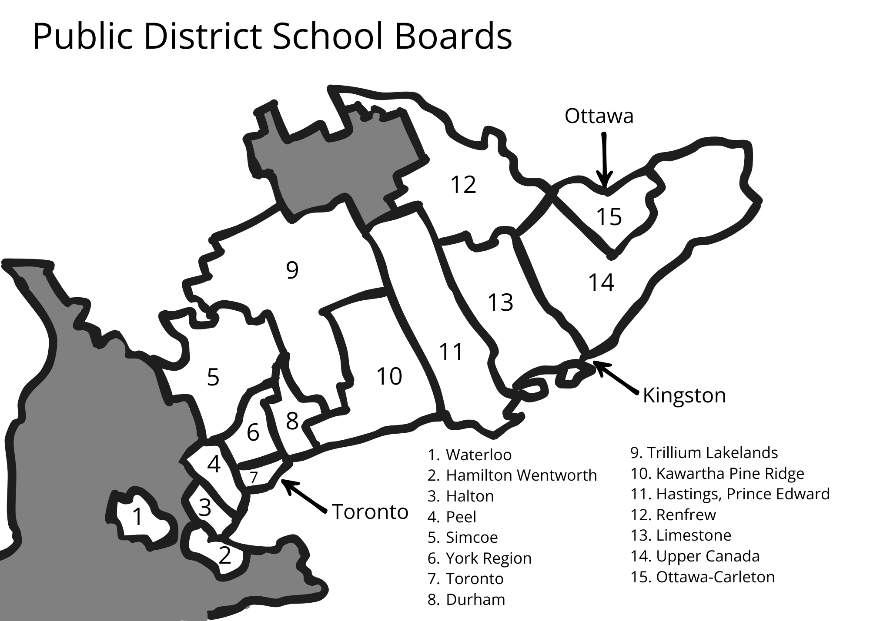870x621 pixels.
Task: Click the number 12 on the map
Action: click(x=463, y=184)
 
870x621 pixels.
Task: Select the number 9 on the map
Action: click(x=292, y=270)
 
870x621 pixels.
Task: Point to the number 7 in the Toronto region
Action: click(x=254, y=477)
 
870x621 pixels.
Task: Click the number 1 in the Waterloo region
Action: click(x=137, y=517)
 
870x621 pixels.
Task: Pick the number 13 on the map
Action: click(x=500, y=302)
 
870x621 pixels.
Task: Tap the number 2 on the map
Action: click(x=224, y=555)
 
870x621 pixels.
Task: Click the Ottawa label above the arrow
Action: click(x=599, y=116)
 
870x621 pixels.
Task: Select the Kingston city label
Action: click(x=684, y=395)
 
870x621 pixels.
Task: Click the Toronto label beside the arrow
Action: click(x=370, y=511)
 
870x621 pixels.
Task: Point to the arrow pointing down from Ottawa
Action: click(x=604, y=161)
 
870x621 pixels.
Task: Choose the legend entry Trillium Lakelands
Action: click(x=704, y=452)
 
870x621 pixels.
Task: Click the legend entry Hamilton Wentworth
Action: click(x=512, y=475)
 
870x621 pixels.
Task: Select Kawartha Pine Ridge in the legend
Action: click(x=717, y=473)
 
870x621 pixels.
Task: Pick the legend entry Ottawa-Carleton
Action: click(x=703, y=577)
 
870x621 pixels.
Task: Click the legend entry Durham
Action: click(x=466, y=599)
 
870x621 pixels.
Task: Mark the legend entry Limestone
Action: click(x=681, y=535)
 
